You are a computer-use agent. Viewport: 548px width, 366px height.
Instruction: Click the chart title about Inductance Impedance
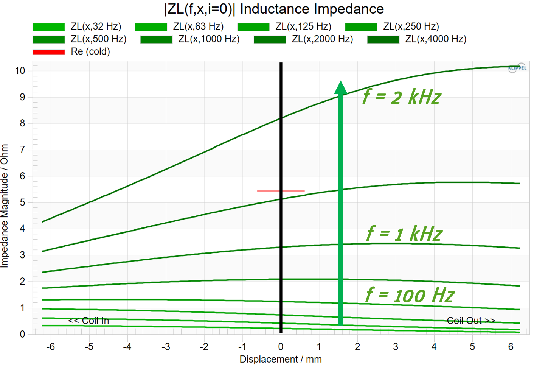pos(274,9)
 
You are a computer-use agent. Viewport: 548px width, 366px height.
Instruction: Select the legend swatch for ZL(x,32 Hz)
pos(48,27)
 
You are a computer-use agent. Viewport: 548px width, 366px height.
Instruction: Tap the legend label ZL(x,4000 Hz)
pos(436,39)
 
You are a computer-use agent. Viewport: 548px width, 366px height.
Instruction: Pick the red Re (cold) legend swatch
pos(48,52)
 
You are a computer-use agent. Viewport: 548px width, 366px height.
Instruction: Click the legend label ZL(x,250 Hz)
pos(411,26)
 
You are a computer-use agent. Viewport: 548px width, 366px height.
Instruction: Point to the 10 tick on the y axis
pos(20,71)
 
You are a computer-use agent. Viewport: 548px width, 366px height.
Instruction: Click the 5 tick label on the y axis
pos(23,202)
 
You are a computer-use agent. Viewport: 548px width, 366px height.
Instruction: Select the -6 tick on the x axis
pos(50,347)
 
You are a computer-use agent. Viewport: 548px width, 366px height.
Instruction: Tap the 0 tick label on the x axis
pos(281,347)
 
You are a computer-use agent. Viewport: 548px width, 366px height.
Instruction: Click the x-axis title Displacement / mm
pos(281,359)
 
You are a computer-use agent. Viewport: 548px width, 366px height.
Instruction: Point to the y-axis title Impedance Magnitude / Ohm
pos(5,206)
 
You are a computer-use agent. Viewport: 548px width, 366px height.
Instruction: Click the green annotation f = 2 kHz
pos(402,97)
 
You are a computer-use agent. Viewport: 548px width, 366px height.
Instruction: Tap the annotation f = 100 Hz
pos(410,295)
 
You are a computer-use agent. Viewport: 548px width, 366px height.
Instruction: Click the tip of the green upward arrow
pos(341,83)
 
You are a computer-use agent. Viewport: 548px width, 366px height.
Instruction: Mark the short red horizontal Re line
pos(281,191)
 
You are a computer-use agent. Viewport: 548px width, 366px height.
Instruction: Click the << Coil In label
pos(88,321)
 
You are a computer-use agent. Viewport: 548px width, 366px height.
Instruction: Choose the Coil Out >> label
pos(471,321)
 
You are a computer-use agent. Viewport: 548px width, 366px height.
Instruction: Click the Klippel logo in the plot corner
pos(517,68)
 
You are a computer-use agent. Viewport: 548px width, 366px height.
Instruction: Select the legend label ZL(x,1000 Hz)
pos(209,39)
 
